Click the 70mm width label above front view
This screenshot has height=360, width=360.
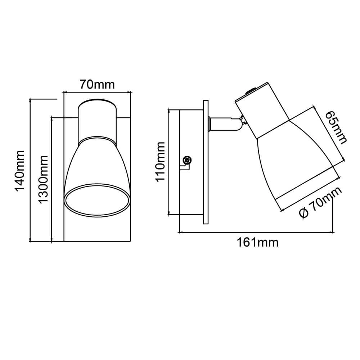(x=97, y=85)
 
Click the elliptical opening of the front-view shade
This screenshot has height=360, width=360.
(x=96, y=201)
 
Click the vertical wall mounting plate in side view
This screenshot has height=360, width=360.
(x=206, y=162)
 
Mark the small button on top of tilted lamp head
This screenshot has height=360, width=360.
(x=248, y=92)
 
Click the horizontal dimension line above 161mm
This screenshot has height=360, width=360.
(x=256, y=233)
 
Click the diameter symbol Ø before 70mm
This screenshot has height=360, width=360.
(x=304, y=213)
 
